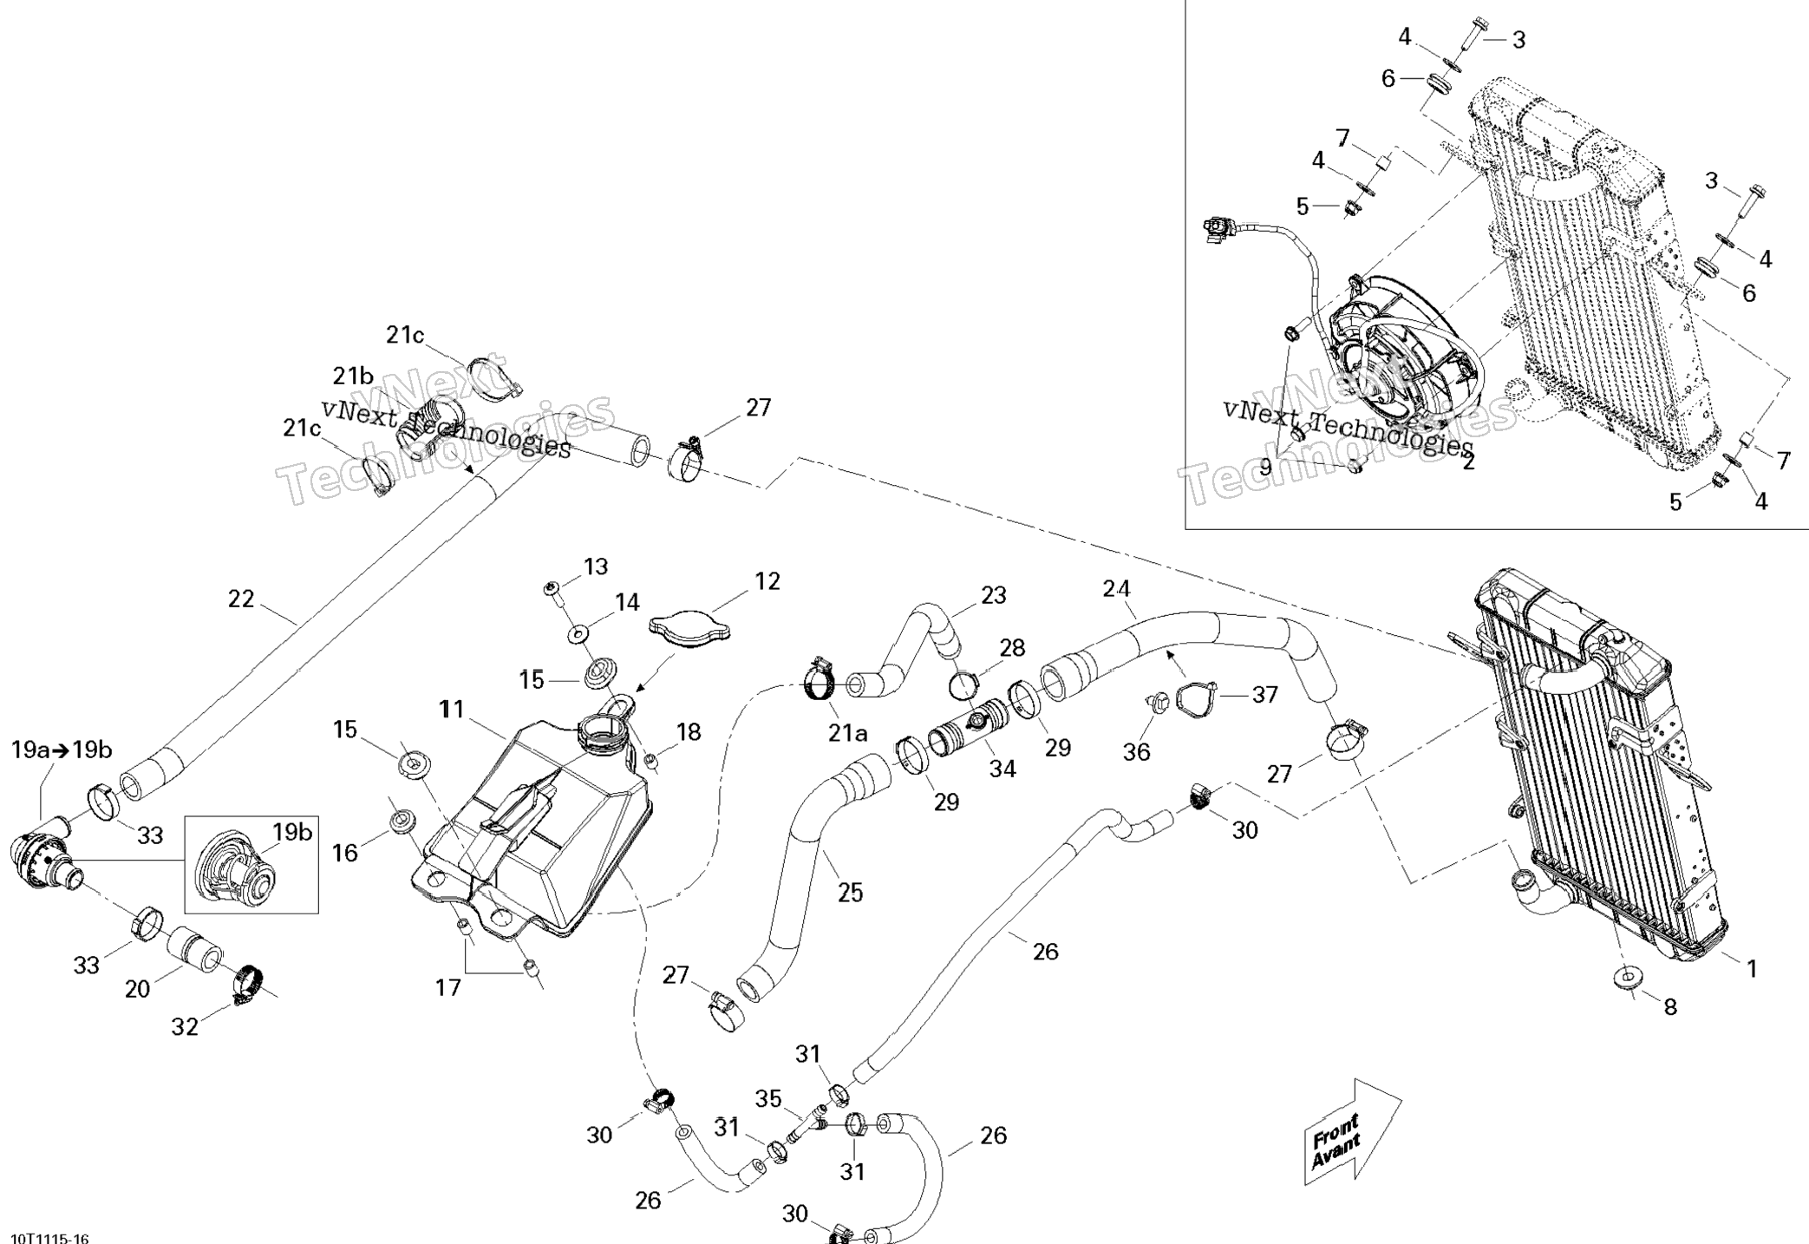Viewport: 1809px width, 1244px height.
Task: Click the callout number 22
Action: (241, 599)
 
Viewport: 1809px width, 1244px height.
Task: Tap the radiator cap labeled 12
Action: (689, 632)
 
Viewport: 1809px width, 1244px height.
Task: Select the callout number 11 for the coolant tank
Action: (452, 710)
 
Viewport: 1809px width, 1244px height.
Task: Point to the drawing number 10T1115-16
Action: (49, 1237)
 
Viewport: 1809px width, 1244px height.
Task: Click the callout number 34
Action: (1002, 769)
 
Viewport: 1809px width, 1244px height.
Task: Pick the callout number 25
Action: (850, 892)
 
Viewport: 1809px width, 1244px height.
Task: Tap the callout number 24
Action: (1116, 589)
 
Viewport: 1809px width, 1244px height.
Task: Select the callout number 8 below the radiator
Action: (1670, 1006)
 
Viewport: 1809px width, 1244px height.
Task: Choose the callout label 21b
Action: (353, 376)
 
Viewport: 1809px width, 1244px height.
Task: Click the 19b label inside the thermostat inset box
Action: (292, 833)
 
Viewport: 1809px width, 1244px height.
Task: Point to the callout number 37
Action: (1264, 695)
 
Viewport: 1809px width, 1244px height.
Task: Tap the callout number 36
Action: (1136, 752)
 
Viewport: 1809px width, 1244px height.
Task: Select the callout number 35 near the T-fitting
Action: (768, 1099)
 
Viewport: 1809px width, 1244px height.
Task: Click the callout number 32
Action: (185, 1026)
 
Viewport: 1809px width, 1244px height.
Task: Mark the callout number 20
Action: (138, 988)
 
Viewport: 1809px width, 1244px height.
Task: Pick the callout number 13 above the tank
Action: (596, 566)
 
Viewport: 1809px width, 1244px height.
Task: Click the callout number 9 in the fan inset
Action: (1265, 467)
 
